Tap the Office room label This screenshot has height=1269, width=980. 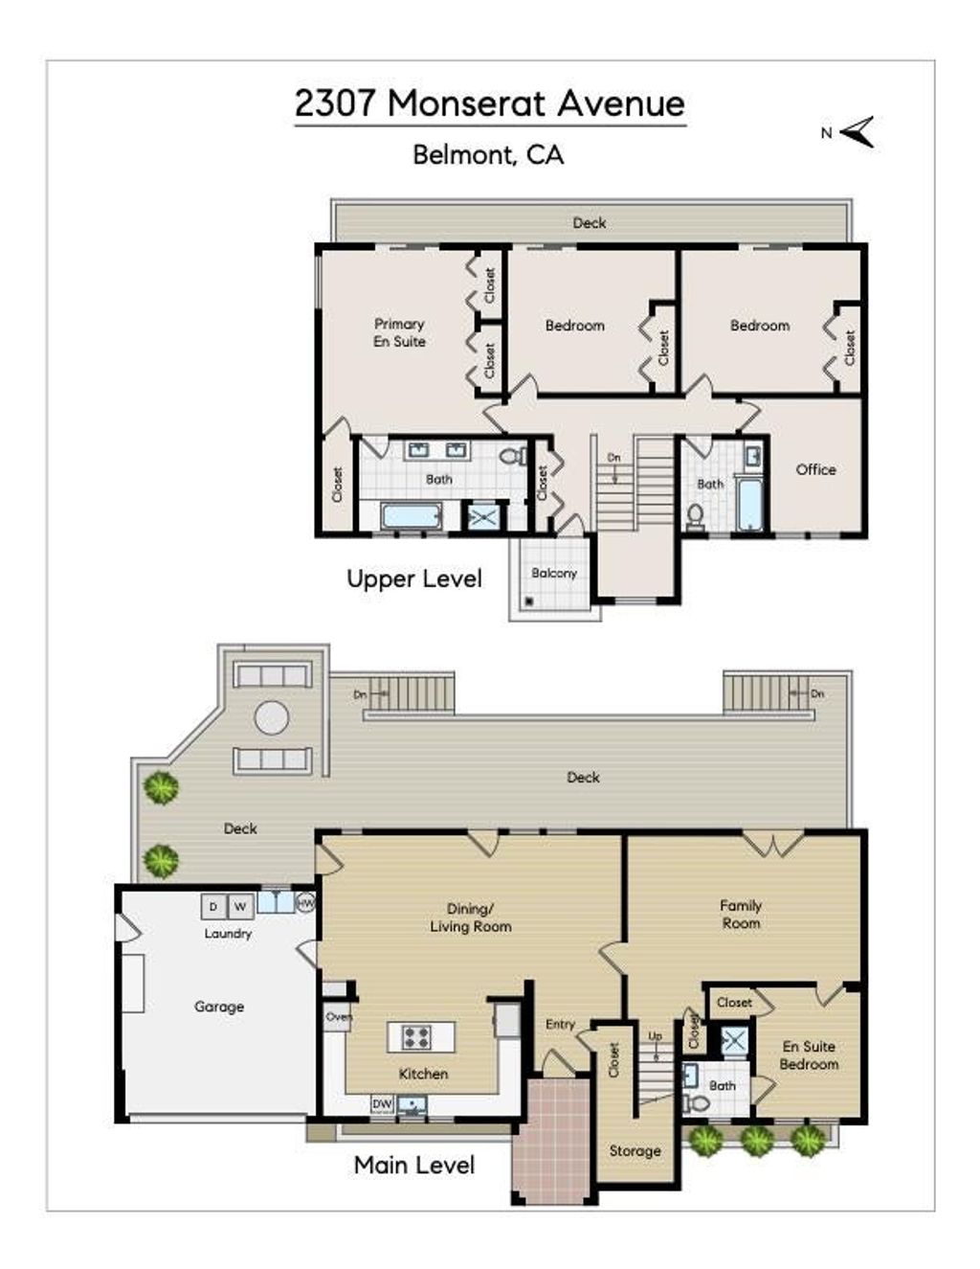point(815,469)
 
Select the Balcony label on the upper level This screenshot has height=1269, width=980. point(553,573)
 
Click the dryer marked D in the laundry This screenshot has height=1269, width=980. point(213,906)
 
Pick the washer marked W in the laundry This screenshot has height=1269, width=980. point(240,906)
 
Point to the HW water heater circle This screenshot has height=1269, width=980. point(305,903)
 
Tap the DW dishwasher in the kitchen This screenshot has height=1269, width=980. point(382,1103)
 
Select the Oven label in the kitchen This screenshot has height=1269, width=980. point(339,1017)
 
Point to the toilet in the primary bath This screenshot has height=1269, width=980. point(514,456)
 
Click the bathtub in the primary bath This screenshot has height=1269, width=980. point(412,516)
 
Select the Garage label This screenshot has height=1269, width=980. point(219,1007)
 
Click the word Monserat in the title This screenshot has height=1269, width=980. point(466,103)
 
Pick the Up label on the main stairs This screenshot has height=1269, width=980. point(655,1036)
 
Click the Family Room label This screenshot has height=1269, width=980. point(741,915)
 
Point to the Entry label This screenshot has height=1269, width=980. point(560,1024)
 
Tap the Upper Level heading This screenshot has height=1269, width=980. point(414,579)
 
